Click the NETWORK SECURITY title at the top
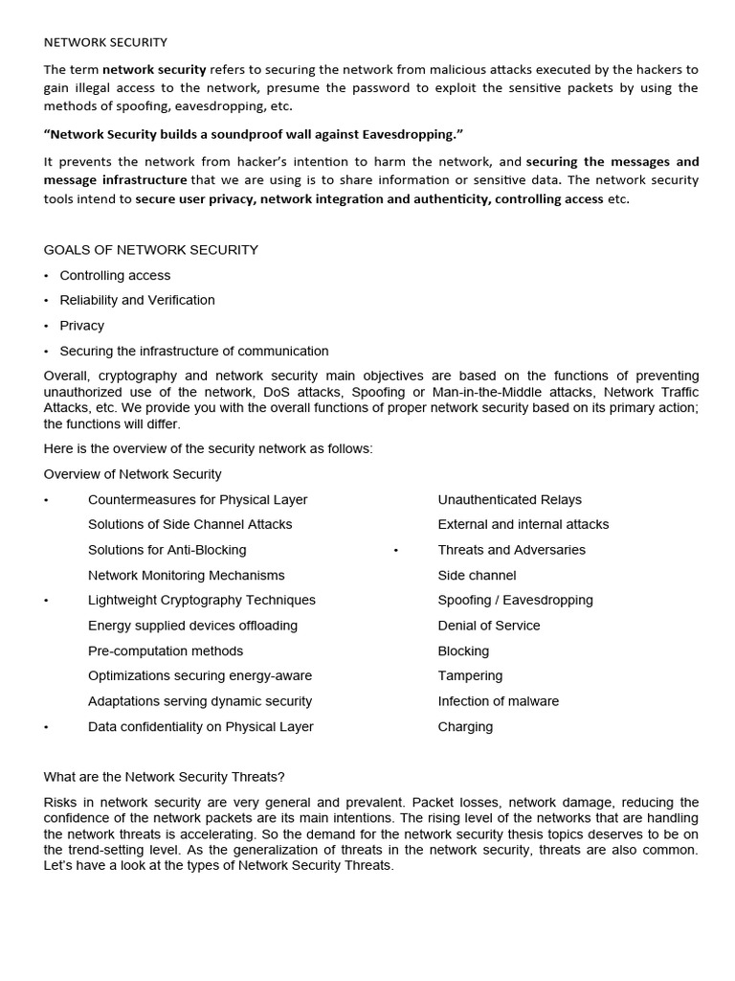pos(105,42)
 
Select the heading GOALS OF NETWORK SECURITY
pos(151,250)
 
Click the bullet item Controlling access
pos(115,275)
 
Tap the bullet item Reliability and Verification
pos(137,300)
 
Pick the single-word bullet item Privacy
pos(81,326)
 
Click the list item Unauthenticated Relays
pos(509,499)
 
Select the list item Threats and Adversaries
pos(511,550)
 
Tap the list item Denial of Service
pos(489,626)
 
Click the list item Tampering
pos(470,675)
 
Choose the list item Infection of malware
pos(498,701)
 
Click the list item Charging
pos(465,726)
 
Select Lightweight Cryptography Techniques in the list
pos(201,600)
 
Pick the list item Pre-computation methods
pos(166,650)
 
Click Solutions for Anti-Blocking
pos(167,550)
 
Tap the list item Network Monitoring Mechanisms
pos(186,575)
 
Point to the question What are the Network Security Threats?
pos(165,776)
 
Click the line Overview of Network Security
pos(132,474)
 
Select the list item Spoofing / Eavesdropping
pos(515,600)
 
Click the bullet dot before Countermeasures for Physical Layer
pos(46,500)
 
